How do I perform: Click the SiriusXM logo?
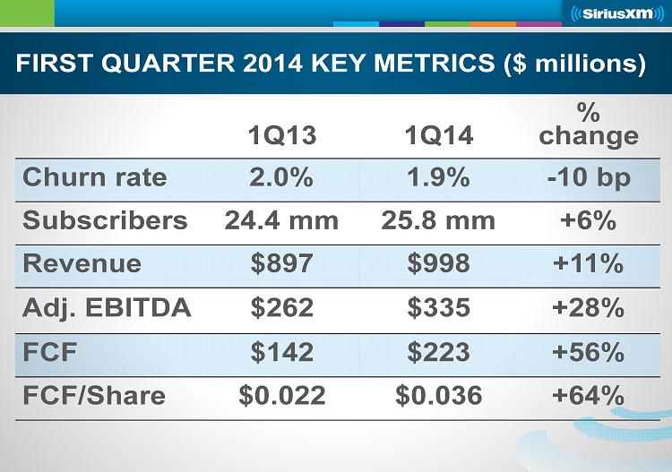coord(613,13)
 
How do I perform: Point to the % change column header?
coord(589,124)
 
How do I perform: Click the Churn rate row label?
coord(94,177)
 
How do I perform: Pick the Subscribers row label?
coord(105,220)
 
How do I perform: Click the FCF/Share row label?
coord(94,395)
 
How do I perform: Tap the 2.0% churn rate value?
coord(281,177)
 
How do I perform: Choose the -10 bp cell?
coord(589,177)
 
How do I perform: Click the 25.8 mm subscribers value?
coord(438,220)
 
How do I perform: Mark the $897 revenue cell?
coord(281,264)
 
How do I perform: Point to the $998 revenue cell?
coord(438,264)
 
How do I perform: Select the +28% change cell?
coord(589,308)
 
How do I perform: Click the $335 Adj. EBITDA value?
coord(438,308)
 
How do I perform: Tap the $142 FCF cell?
coord(281,352)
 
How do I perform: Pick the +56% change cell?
coord(589,352)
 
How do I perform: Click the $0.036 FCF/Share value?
coord(438,395)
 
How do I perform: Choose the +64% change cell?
coord(589,395)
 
